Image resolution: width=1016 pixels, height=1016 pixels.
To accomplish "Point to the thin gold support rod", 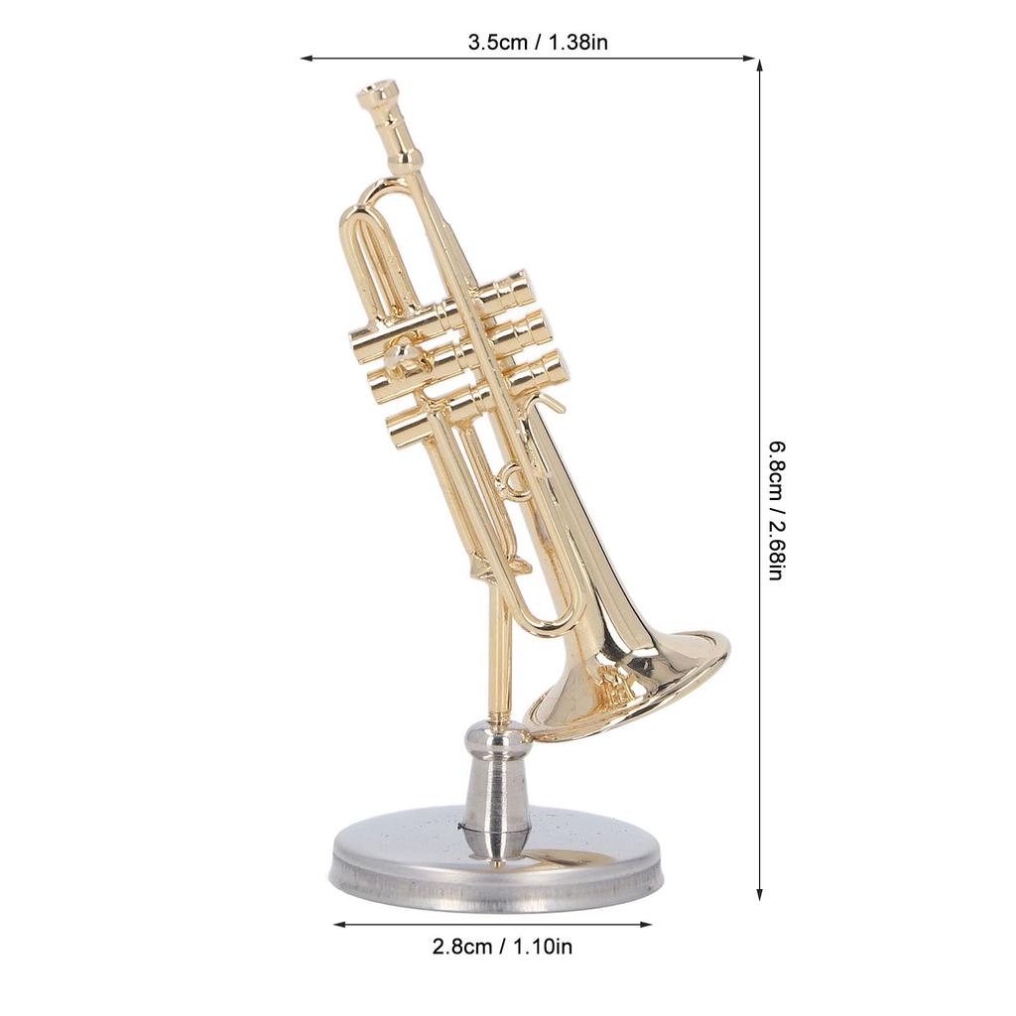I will pyautogui.click(x=500, y=655).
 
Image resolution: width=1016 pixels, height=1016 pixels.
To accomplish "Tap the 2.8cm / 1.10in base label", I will pyautogui.click(x=502, y=947).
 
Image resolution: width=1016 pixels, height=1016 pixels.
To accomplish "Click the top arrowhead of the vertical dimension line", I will pyautogui.click(x=760, y=65).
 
